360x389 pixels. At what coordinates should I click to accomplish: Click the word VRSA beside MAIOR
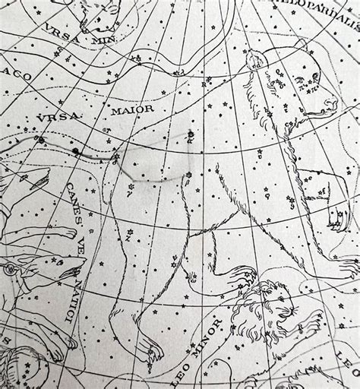(53, 119)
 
